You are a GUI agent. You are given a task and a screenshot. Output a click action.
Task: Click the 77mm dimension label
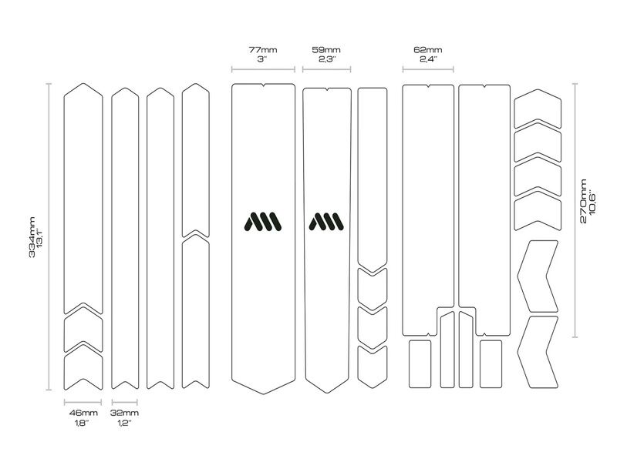coord(263,50)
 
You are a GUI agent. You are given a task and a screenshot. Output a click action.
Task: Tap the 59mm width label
coord(326,50)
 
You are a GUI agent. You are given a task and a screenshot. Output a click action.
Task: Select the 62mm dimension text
coord(428,50)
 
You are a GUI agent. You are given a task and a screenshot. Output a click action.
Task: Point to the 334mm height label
coord(32,237)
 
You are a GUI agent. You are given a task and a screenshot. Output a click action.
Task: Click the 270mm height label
coord(584,201)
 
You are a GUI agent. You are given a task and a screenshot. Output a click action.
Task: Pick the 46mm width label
coord(83,413)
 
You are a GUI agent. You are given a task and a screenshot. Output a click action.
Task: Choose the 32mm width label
coord(124,413)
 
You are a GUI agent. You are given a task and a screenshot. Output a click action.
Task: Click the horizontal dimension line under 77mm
coord(263,69)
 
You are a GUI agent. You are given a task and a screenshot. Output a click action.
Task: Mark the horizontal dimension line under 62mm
coord(428,69)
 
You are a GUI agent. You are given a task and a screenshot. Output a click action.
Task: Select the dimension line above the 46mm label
coord(83,402)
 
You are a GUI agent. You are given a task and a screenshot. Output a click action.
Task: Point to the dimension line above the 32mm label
coord(125,402)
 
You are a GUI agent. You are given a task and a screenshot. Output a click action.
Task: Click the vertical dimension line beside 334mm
coord(49,236)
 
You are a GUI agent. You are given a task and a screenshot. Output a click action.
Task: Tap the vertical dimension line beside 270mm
coord(575,210)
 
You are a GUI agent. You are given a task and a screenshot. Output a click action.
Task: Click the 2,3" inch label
coord(326,59)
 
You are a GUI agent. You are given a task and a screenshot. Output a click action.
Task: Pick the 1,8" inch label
coord(82,423)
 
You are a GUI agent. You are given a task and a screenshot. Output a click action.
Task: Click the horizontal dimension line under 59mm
coord(326,69)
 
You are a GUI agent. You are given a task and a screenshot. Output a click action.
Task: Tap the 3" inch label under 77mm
coord(262,59)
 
